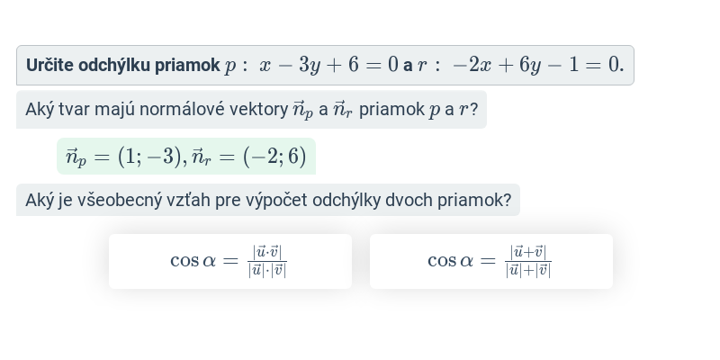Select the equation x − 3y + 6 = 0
(328, 65)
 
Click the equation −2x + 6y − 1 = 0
(538, 65)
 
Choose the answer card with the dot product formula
(230, 261)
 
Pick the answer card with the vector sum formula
(490, 261)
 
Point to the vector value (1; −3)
(150, 157)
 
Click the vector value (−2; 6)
(274, 157)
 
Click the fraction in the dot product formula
(266, 261)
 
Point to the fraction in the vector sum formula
(528, 261)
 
